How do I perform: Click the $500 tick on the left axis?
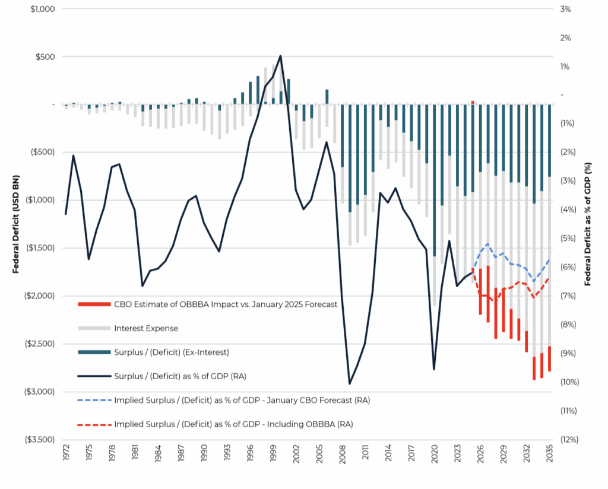coord(45,57)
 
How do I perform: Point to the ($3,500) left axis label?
coord(39,440)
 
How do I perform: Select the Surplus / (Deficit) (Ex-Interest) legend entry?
coord(170,352)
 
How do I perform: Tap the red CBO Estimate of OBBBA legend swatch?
coord(94,304)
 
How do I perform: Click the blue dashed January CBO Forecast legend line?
coord(94,400)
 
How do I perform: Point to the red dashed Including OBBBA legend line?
coord(94,424)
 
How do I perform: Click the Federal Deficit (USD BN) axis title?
coord(17,224)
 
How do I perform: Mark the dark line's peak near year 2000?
coord(280,56)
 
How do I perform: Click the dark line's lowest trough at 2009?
coord(350,384)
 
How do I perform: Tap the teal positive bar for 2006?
coord(327,97)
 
